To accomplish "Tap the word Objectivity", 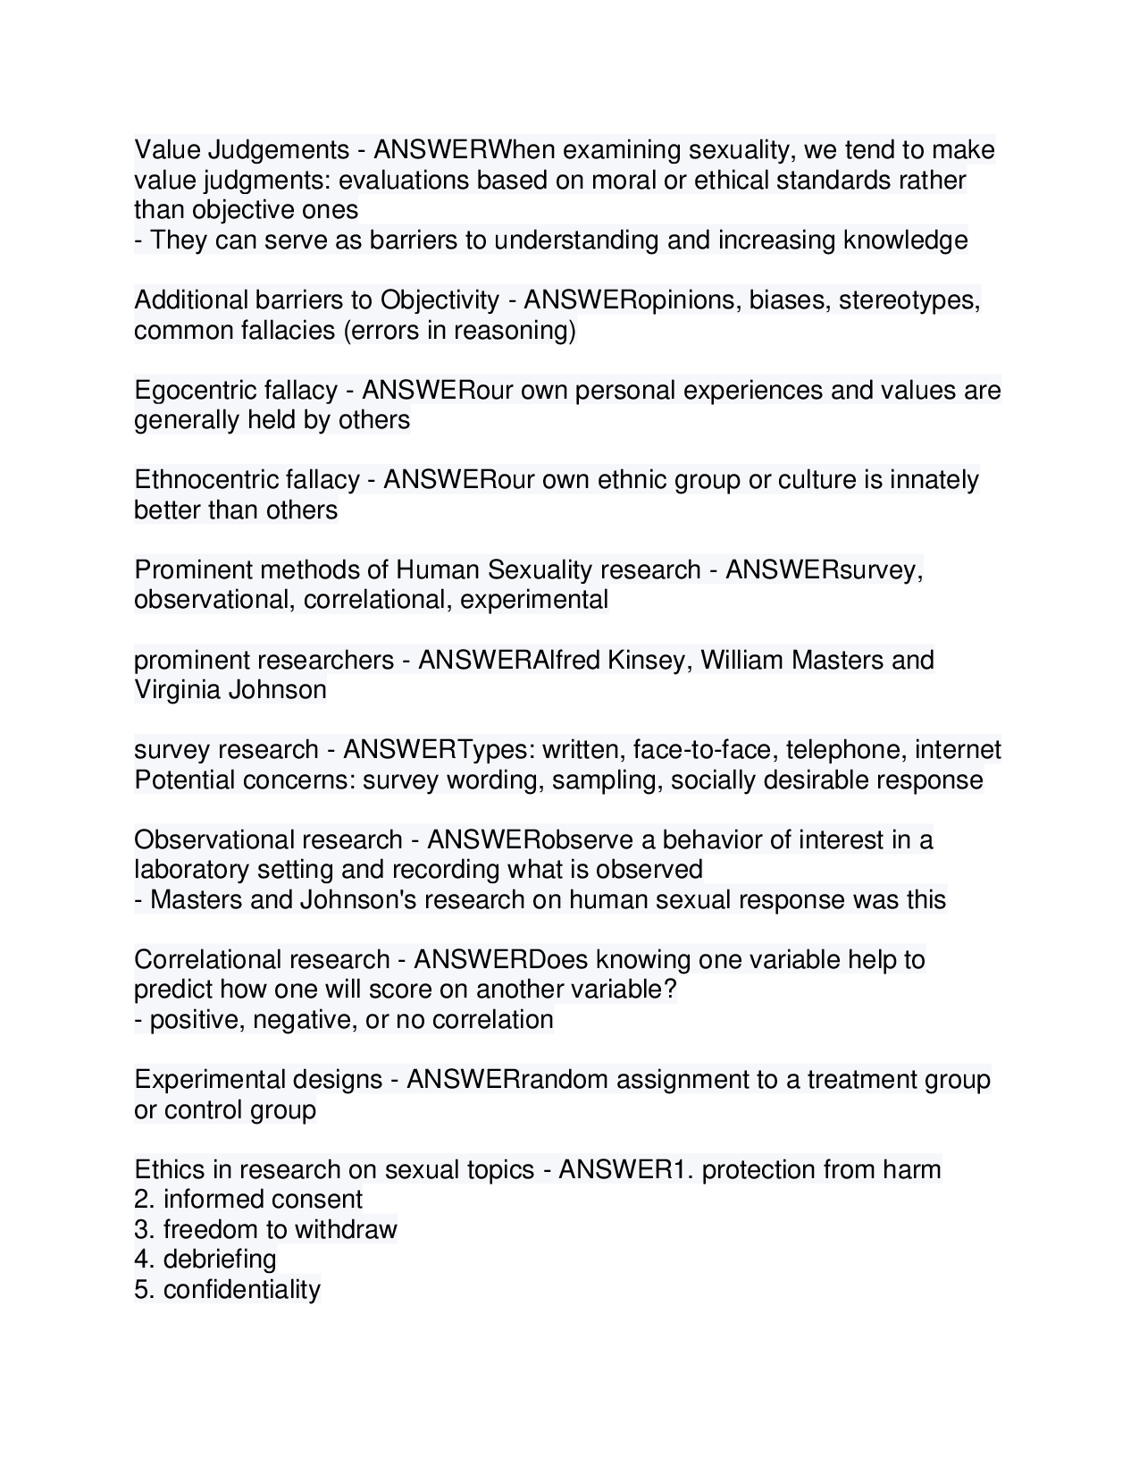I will tap(440, 300).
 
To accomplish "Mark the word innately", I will tap(934, 480).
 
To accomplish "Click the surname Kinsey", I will tap(646, 661).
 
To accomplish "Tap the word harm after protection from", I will tap(911, 1170).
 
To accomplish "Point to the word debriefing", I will tap(220, 1260).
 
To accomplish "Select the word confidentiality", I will tap(241, 1290).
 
